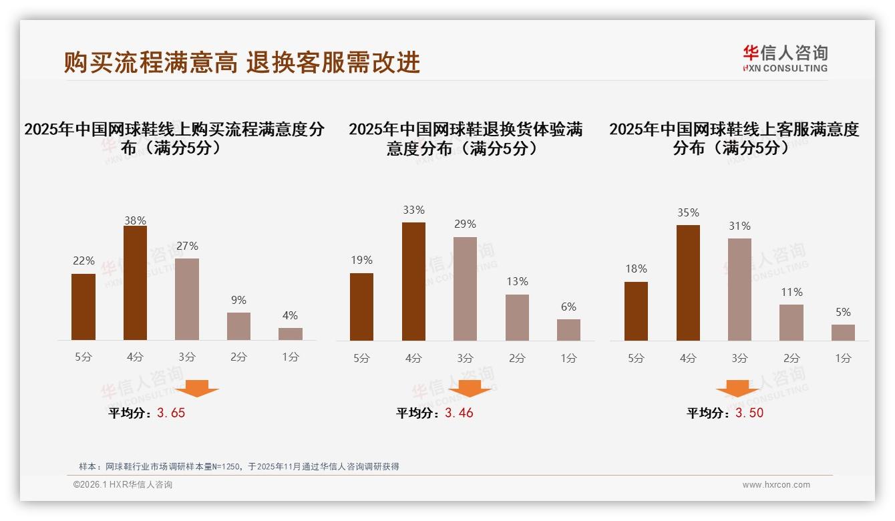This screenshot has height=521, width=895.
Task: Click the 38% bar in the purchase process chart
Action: (135, 283)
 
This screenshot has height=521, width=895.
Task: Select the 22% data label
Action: (83, 260)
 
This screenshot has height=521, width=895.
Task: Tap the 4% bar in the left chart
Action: (291, 333)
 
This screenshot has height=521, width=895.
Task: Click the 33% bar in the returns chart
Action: (413, 281)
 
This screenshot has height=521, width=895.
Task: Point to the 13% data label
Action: (517, 281)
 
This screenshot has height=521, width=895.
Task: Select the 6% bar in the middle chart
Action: (568, 329)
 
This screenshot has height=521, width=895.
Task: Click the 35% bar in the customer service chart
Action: (688, 283)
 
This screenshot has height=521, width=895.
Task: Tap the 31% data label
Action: (739, 226)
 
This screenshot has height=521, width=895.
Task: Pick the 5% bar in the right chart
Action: (843, 332)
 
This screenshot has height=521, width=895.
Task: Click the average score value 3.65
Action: (171, 413)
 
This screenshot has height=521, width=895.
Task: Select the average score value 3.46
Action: (459, 413)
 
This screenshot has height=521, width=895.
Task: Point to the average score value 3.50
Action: (749, 413)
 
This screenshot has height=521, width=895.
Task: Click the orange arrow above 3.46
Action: (470, 389)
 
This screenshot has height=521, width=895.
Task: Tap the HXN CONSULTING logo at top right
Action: (785, 58)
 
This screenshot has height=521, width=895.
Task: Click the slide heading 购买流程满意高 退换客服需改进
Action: (242, 62)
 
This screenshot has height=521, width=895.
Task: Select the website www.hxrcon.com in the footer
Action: (776, 485)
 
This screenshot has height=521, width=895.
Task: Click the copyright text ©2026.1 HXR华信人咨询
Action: (123, 485)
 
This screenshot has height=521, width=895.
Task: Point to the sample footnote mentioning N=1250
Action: (239, 466)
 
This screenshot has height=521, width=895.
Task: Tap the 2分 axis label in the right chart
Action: (791, 358)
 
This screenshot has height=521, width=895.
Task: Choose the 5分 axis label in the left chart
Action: (83, 357)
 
